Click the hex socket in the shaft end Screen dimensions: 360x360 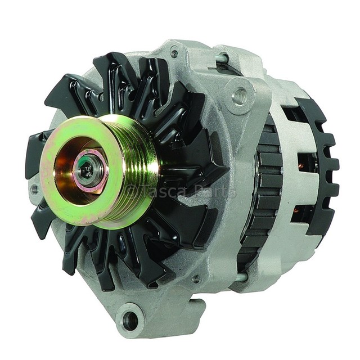tap(88, 170)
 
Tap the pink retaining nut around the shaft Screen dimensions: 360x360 tap(90, 166)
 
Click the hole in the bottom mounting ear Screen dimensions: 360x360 tap(131, 318)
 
